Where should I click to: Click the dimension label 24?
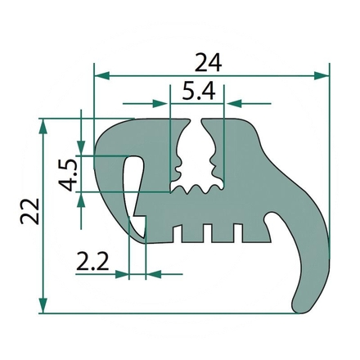[x=208, y=62]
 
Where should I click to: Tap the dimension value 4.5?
[x=67, y=175]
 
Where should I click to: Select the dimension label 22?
[x=29, y=211]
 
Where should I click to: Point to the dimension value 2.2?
[x=92, y=261]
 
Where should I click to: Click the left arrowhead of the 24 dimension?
[x=101, y=76]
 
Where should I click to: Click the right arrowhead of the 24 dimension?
[x=322, y=76]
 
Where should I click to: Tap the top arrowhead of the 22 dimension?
[x=43, y=126]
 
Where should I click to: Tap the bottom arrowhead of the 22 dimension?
[x=43, y=305]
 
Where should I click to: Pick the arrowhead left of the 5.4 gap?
[x=160, y=104]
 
